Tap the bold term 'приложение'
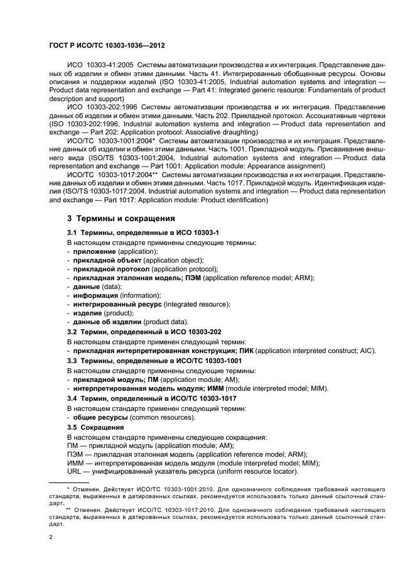pos(94,251)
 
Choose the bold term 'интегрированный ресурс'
pos(117,304)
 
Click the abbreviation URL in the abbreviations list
pos(75,472)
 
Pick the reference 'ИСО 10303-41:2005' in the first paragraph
pos(99,65)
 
